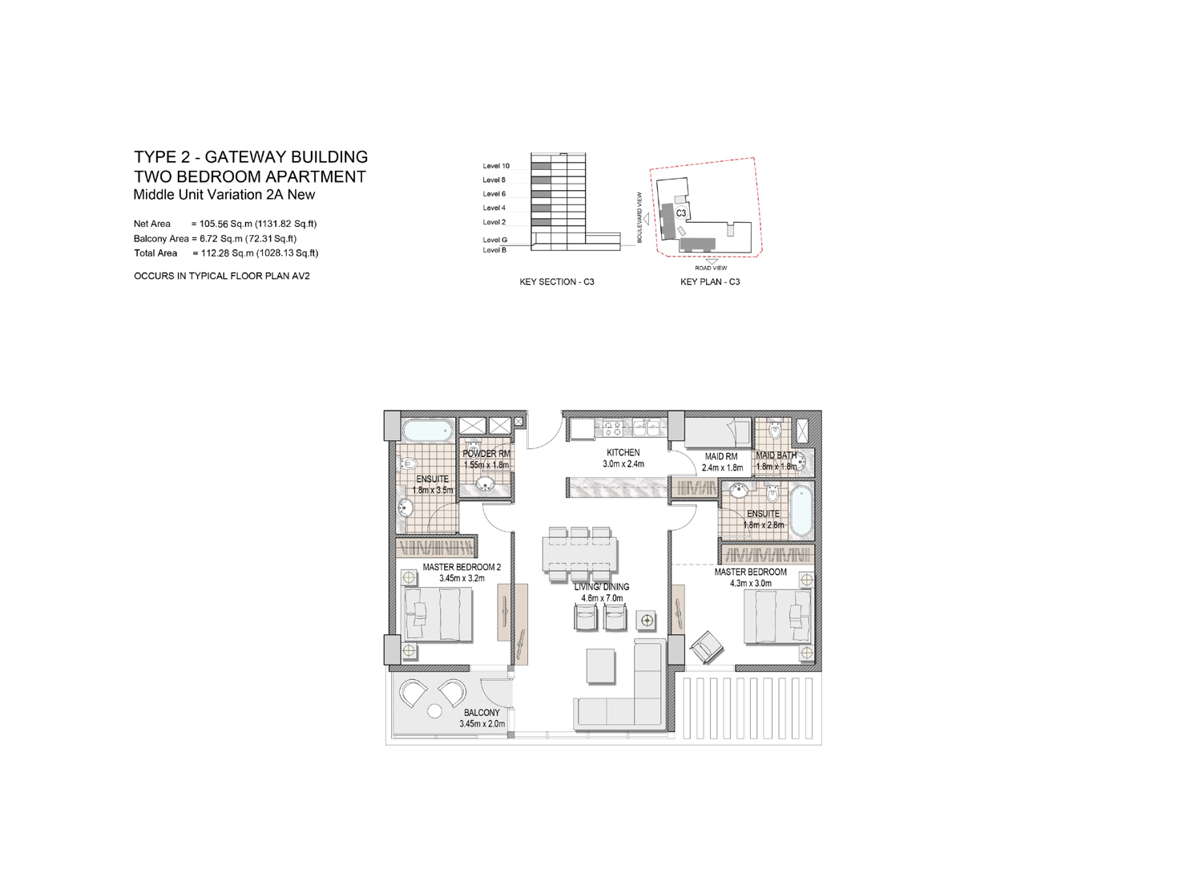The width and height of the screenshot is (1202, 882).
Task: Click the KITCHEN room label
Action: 623,453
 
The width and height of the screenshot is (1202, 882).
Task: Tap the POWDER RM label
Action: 486,454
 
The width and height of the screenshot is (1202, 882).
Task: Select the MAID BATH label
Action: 776,455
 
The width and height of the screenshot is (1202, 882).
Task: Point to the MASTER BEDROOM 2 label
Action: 461,567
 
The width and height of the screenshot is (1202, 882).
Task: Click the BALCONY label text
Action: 482,712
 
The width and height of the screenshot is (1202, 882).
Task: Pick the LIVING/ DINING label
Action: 601,587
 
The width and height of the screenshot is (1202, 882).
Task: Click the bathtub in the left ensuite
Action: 426,431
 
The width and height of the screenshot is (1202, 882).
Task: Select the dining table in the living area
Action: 581,552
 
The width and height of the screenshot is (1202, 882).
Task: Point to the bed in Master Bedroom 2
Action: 437,613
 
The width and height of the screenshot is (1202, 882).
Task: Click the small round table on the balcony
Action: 435,711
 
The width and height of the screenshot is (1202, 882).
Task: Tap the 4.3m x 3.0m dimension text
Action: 750,584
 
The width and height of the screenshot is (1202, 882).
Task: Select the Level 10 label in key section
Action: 495,166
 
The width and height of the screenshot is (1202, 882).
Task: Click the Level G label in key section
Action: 494,240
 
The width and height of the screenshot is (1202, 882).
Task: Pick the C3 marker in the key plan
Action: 680,213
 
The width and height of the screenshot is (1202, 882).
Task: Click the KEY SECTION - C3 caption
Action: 556,282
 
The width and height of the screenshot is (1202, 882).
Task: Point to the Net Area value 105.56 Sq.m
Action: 255,225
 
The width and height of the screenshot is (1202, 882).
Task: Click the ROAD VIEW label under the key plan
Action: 711,268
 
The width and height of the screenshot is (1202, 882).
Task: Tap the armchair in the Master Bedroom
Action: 708,645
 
